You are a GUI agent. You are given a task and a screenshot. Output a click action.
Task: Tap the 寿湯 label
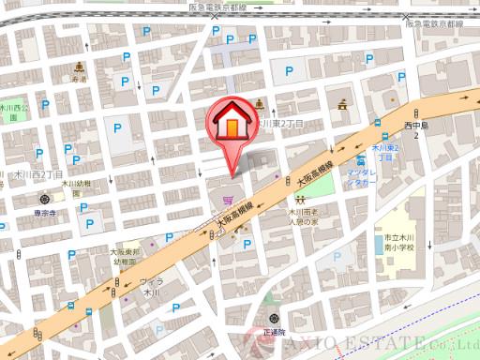[x=78, y=80]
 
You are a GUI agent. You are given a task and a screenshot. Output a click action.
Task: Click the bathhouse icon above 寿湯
[x=78, y=67]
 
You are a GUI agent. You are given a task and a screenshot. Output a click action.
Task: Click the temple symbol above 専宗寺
[x=45, y=200]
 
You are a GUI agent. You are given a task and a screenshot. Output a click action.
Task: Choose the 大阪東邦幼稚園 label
[x=124, y=257]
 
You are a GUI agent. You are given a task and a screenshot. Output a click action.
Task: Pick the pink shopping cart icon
[x=228, y=200]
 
